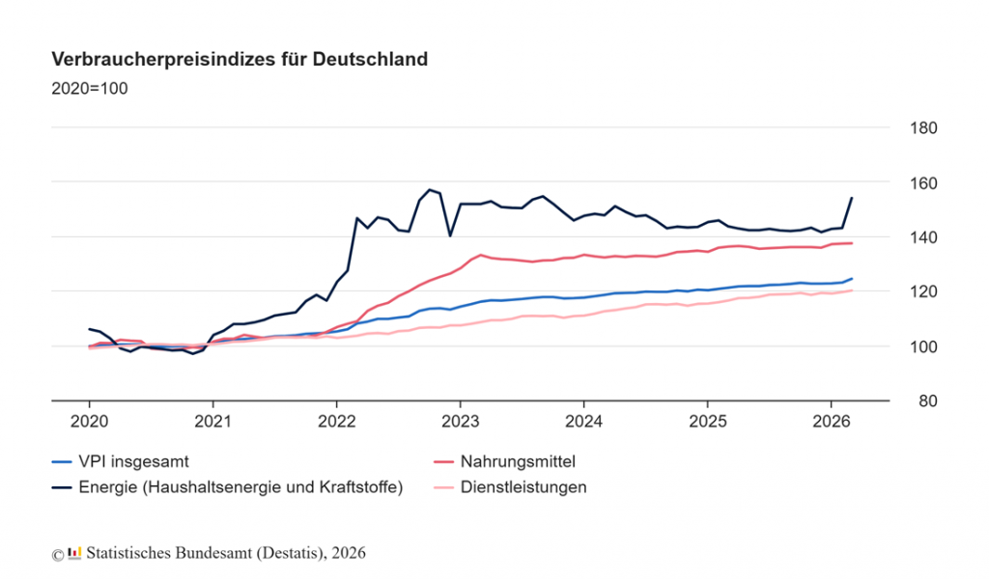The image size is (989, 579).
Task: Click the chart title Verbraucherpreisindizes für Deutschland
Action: (x=240, y=60)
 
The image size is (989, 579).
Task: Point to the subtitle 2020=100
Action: (x=89, y=89)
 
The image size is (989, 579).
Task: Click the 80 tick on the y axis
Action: (x=921, y=400)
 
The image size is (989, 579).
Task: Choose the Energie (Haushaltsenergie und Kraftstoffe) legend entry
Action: (x=241, y=487)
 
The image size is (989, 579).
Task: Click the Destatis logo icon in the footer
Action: (x=74, y=554)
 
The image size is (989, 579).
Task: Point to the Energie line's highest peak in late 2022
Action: (x=430, y=190)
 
